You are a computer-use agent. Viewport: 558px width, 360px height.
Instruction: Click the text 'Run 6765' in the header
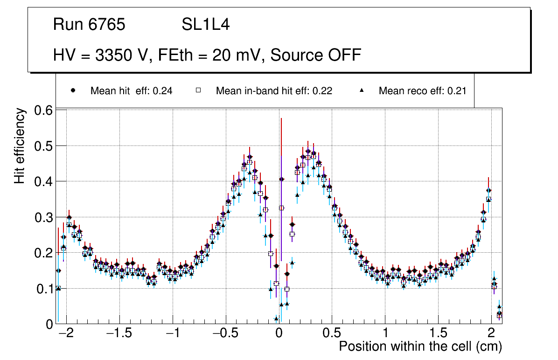89,25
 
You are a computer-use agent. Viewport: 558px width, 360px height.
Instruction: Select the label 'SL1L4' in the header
205,25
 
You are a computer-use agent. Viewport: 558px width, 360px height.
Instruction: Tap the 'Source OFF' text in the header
316,55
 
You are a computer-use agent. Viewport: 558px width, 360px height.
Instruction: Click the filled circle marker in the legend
73,90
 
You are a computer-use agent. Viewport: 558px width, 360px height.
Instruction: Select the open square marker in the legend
198,90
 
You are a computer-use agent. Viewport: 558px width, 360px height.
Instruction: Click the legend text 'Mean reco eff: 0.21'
422,91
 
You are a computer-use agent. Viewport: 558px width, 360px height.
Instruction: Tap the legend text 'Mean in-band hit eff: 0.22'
274,91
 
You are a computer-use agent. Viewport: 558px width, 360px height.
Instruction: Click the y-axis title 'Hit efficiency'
20,146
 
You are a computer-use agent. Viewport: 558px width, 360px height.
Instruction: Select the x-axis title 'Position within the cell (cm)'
420,346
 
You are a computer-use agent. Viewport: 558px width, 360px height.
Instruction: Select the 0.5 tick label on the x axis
332,334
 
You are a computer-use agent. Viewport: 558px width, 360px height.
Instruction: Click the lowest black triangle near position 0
276,319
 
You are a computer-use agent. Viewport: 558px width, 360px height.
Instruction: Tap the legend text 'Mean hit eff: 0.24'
132,91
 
